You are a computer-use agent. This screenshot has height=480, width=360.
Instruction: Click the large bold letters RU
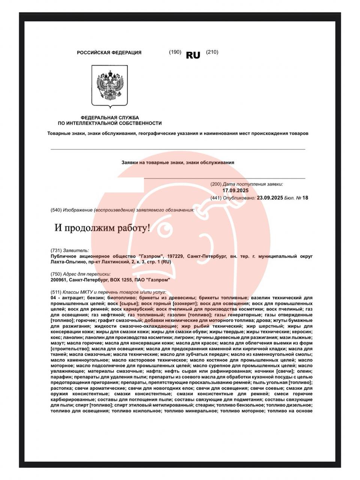[x=193, y=55]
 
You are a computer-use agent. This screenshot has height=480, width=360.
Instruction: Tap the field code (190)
[x=175, y=52]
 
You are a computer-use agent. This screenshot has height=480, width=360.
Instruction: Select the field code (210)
[x=212, y=52]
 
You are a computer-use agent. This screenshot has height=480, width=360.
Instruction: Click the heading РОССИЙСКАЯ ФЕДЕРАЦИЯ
[x=109, y=53]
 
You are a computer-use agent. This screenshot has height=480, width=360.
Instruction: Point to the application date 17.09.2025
[x=236, y=190]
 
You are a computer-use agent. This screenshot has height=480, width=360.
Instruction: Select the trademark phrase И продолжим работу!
[x=102, y=228]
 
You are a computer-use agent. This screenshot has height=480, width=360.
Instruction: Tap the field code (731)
[x=56, y=250]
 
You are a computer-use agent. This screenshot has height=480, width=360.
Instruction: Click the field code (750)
[x=56, y=274]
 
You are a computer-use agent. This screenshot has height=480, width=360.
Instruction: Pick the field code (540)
[x=56, y=210]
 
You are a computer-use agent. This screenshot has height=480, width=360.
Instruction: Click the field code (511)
[x=56, y=292]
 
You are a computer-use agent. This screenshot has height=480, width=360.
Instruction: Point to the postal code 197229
[x=176, y=256]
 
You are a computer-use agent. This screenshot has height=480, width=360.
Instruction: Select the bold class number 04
[x=53, y=298]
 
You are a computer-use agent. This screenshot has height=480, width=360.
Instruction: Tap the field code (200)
[x=216, y=184]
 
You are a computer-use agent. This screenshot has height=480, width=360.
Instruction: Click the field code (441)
[x=216, y=198]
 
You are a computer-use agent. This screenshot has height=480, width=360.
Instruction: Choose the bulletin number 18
[x=305, y=198]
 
